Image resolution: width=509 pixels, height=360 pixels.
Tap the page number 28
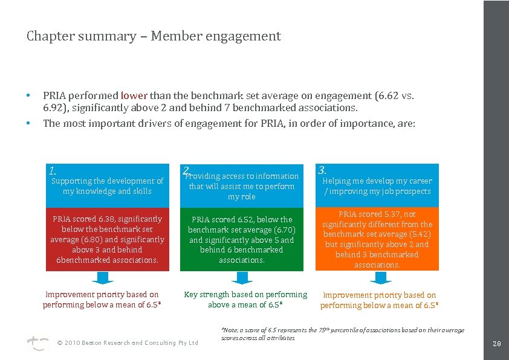[x=496, y=345]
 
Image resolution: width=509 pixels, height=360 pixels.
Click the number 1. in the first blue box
[x=53, y=170]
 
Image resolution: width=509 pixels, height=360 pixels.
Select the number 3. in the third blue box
[x=322, y=170]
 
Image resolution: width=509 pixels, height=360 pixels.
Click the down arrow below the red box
[x=103, y=278]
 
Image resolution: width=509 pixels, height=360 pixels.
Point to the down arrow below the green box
[x=242, y=278]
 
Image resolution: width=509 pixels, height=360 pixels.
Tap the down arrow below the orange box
[x=380, y=278]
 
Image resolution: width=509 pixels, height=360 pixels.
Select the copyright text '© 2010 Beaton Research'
[x=97, y=343]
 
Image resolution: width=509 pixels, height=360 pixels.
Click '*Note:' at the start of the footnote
[x=230, y=330]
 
